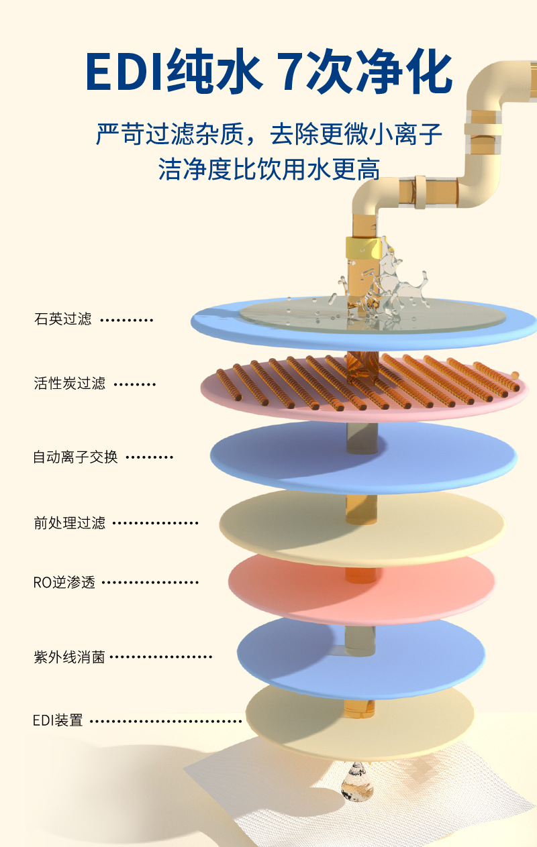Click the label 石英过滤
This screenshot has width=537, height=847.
tap(62, 319)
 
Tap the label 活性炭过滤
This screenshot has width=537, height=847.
tap(70, 384)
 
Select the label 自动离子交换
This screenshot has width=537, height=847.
tap(75, 457)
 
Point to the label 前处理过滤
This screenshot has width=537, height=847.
tap(70, 522)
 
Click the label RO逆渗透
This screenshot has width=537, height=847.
tap(64, 582)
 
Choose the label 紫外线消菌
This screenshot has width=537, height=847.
tap(70, 657)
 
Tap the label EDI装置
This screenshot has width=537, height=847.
tap(58, 721)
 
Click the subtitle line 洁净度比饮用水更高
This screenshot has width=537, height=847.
tap(268, 169)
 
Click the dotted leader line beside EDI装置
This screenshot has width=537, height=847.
tap(166, 722)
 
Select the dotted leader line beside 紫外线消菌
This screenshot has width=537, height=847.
tap(160, 657)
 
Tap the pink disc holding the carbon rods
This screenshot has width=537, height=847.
tap(268, 402)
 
